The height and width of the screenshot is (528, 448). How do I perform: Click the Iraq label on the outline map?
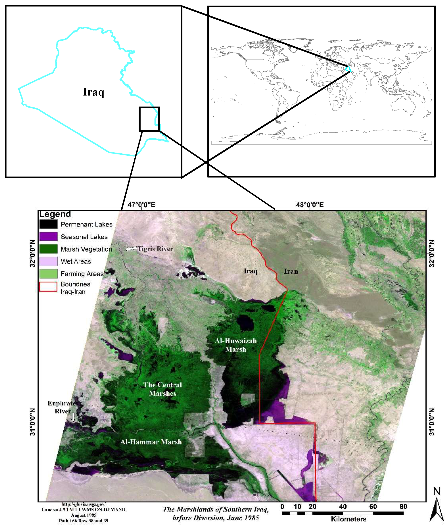click(93, 92)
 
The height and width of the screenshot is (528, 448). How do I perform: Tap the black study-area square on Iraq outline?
click(149, 119)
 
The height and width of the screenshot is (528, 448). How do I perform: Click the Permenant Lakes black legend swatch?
click(48, 224)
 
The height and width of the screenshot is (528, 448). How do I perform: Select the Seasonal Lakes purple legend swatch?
click(48, 237)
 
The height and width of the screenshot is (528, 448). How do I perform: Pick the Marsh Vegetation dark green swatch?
click(48, 249)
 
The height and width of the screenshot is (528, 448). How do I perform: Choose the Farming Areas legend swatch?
click(48, 274)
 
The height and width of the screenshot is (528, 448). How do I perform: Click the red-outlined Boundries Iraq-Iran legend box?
click(48, 287)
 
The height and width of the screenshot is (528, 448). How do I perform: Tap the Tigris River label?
click(155, 249)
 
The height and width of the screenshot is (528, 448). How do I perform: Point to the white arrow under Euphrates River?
click(73, 417)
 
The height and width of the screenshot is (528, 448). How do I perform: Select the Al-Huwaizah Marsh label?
click(236, 345)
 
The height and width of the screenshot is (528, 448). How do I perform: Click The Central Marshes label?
click(162, 389)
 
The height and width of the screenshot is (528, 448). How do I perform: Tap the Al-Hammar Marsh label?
click(151, 442)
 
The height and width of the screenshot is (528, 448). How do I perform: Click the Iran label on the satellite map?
click(291, 271)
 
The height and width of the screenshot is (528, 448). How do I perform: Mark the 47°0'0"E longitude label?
click(141, 205)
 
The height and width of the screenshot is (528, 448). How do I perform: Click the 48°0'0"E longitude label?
click(310, 205)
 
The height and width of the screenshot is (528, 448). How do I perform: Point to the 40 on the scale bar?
click(343, 506)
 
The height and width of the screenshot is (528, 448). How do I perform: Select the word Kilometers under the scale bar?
click(348, 519)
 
